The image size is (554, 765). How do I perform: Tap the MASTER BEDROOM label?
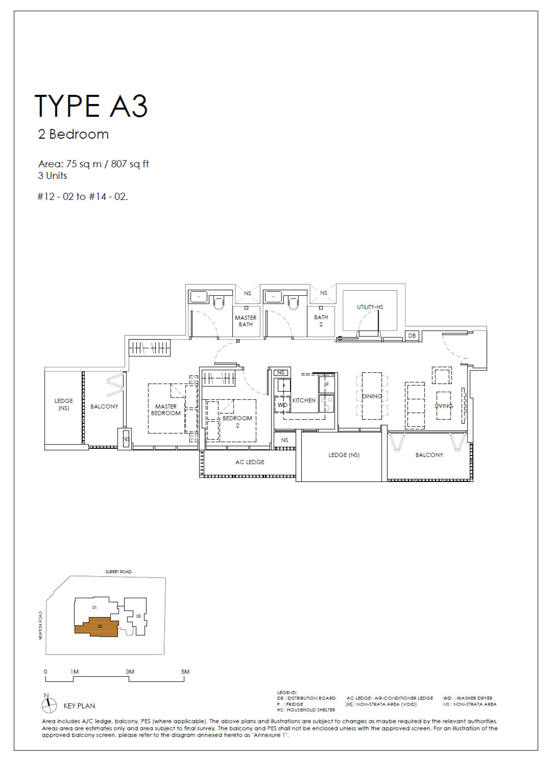pos(166,410)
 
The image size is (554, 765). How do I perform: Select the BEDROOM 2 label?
pos(237,422)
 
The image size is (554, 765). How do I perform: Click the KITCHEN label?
pos(304,400)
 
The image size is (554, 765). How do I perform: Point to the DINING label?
pos(372,396)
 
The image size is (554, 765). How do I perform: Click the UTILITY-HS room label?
pos(370,307)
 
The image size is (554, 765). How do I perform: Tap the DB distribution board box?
pos(412,336)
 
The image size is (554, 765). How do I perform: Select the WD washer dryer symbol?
pos(282,405)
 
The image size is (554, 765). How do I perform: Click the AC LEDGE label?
pos(250,462)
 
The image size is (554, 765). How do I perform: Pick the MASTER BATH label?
pos(246,321)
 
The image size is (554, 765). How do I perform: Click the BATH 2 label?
pos(321,321)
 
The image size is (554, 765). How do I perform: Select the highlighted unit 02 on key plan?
pos(100,626)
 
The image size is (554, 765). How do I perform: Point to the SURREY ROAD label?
pos(118,572)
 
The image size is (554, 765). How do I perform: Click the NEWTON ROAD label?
pos(40,626)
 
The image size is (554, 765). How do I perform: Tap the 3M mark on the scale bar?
pos(130,672)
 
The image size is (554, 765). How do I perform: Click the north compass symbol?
pos(49,706)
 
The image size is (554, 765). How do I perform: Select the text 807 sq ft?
pos(130,164)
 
